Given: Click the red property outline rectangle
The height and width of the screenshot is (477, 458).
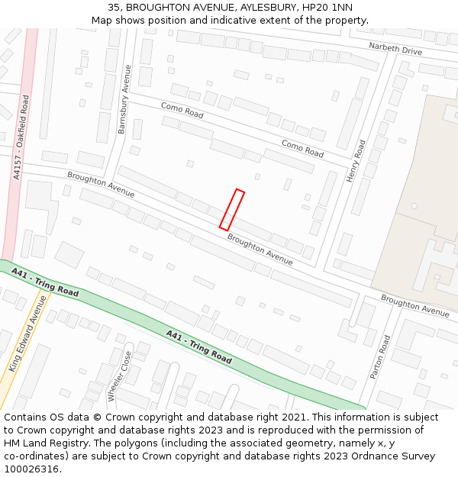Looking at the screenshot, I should pos(232,210).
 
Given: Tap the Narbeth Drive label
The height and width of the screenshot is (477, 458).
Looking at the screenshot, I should pos(395,50).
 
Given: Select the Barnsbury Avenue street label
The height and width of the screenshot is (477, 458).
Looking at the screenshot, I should pos(124,99).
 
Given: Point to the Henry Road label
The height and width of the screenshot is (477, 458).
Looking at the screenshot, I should pos(356,160).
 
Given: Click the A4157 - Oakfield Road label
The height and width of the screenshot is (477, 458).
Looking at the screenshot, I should pos(22,137).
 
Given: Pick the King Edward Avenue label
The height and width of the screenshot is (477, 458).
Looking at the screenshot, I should pos(27,334).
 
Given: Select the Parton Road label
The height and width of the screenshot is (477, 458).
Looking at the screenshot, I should pos(380,357).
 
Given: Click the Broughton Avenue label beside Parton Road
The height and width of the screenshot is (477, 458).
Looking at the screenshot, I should pos(415,306).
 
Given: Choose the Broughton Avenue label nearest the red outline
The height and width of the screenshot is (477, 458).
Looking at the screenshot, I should pos(260,250).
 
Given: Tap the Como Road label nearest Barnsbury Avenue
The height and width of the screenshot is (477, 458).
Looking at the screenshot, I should pos(182,111).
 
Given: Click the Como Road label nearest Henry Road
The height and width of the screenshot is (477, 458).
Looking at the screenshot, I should pos(302,148).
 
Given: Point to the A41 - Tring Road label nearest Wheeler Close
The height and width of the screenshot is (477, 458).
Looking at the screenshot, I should pos(198,346).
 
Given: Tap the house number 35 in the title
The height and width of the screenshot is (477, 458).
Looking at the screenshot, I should pos(113,7).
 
